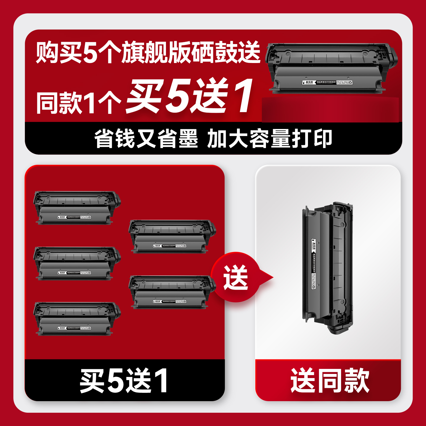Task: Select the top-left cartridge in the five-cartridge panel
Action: [77, 208]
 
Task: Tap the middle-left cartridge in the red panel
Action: [77, 263]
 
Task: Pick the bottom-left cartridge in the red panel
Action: [77, 319]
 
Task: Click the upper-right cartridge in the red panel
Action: [172, 236]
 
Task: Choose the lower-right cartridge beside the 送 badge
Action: [172, 292]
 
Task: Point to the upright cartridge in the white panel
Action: [327, 268]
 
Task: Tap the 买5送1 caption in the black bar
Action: [124, 381]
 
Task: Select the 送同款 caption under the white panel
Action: [330, 381]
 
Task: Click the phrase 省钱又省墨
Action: [146, 138]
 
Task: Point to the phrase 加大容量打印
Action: [270, 138]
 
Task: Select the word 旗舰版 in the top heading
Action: [156, 53]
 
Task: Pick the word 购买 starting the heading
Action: [59, 53]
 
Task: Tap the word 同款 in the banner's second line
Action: [59, 103]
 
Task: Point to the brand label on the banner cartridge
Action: [327, 82]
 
